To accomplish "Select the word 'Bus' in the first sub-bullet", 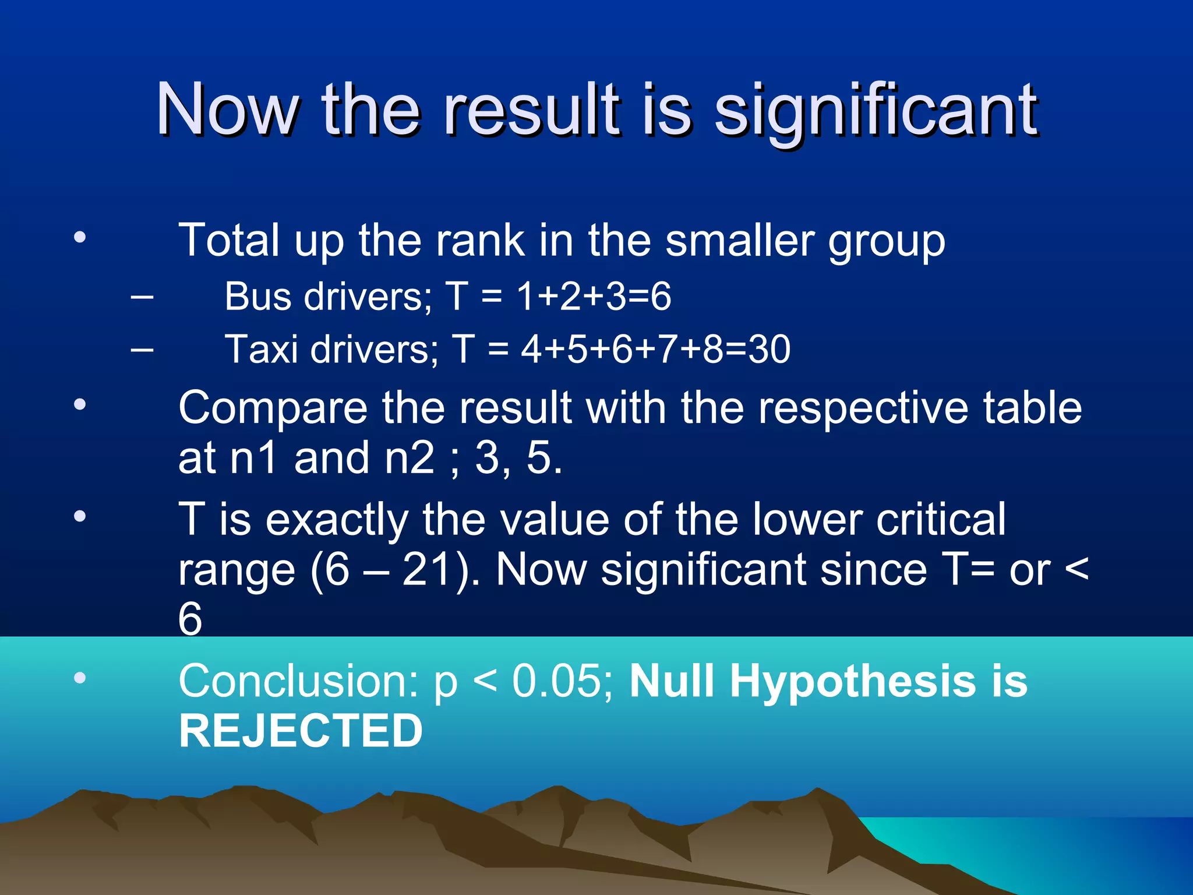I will [x=257, y=297].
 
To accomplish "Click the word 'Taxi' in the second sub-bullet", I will [x=262, y=350].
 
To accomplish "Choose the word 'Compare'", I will [x=273, y=408].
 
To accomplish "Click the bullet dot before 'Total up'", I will [x=80, y=237].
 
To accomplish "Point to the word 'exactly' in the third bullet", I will [x=337, y=520].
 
